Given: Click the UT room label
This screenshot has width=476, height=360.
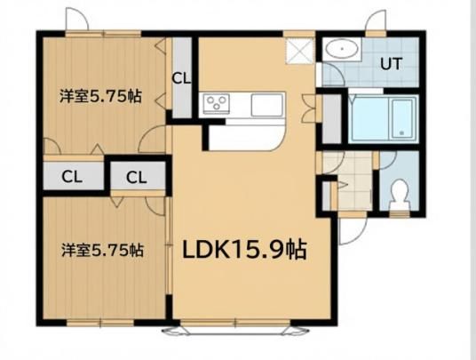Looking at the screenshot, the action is coord(392,64).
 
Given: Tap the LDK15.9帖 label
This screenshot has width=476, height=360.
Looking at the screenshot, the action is coord(244,250).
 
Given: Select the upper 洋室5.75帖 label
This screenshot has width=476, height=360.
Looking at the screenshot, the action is coord(100,96).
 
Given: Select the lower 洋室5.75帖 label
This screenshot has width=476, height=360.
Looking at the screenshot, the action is coord(103,251).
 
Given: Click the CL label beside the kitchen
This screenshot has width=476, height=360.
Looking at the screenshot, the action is coord(181,78).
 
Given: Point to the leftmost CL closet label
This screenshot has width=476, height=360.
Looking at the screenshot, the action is coord(72,177).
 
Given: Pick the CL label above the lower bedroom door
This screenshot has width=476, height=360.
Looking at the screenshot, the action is coord(137,178).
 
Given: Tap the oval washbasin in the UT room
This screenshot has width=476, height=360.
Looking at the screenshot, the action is coord(342,49).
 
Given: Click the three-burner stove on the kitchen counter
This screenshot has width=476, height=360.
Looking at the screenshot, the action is coord(216,103).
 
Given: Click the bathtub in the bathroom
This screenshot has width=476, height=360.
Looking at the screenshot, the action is coord(382,118).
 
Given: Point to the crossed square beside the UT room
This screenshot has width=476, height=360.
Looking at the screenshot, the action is coord(299,51).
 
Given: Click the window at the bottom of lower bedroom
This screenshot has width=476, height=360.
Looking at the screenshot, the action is coord(99,323).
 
